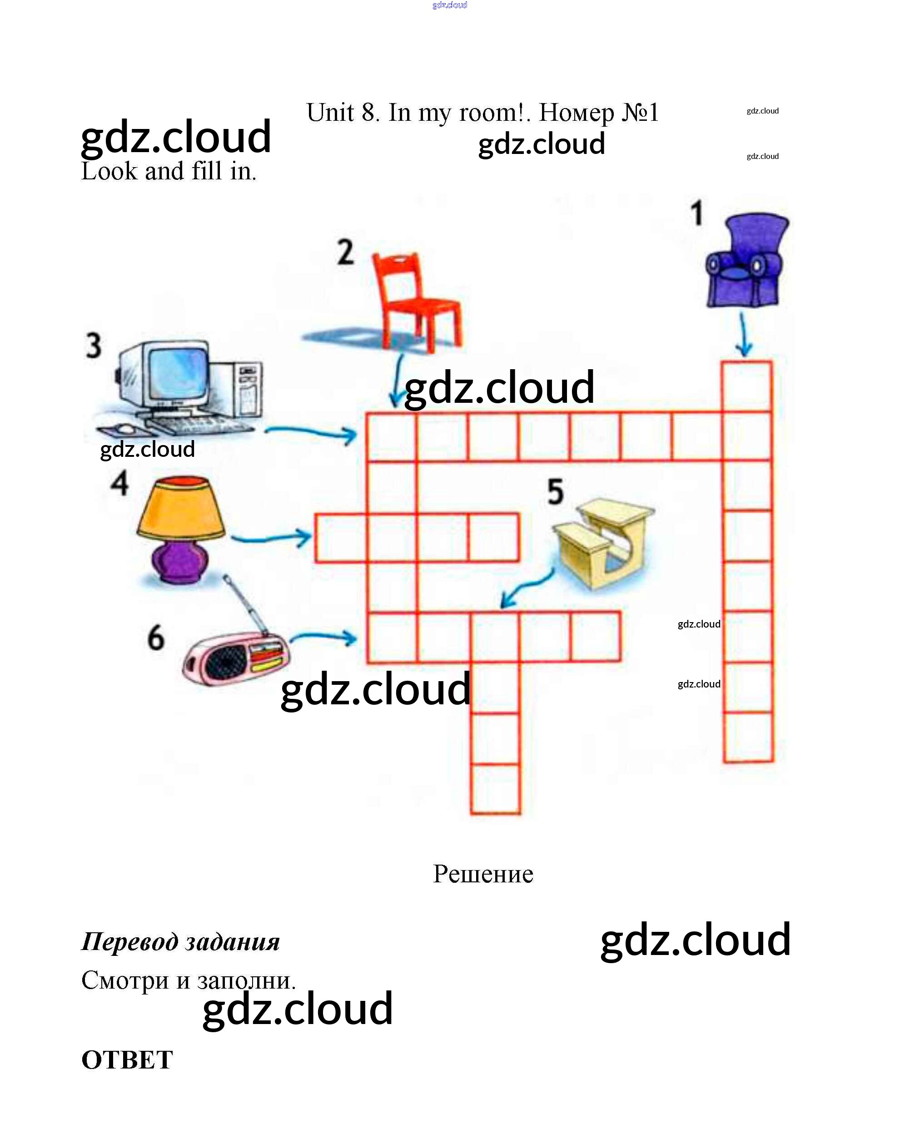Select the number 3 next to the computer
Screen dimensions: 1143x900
pyautogui.click(x=94, y=346)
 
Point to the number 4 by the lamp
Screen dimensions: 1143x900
pyautogui.click(x=119, y=483)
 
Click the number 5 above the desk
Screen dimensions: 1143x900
pyautogui.click(x=555, y=491)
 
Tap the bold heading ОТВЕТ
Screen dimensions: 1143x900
pyautogui.click(x=127, y=1060)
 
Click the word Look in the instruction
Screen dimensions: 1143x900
pyautogui.click(x=109, y=171)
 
